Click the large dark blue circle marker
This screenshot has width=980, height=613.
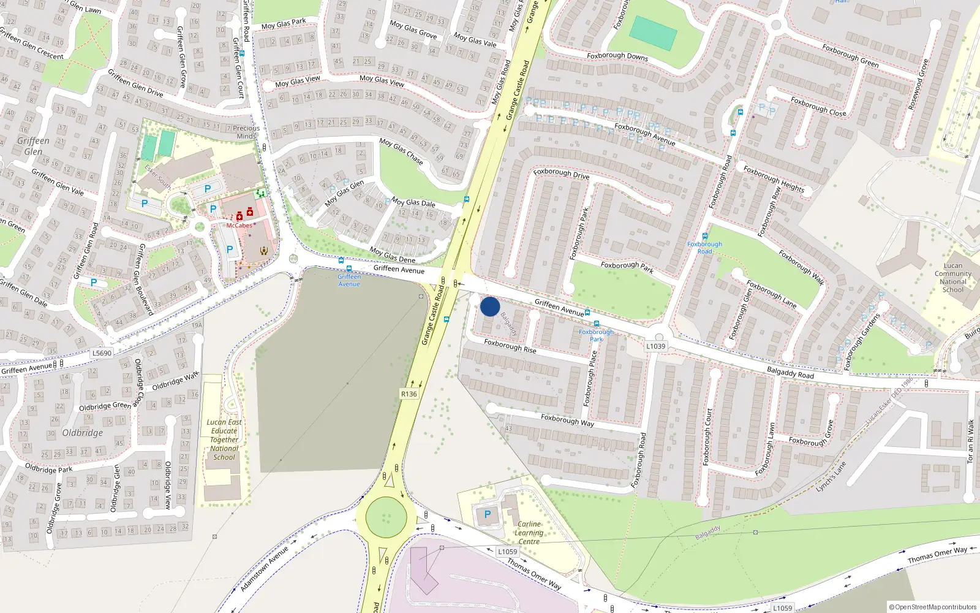(x=490, y=306)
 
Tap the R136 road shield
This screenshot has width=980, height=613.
(x=409, y=394)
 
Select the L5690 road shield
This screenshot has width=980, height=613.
(x=102, y=353)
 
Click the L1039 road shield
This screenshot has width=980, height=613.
(x=655, y=346)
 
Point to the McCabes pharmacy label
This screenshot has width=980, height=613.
(x=239, y=226)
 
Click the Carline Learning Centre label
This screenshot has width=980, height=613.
(x=529, y=533)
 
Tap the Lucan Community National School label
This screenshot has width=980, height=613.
(x=953, y=278)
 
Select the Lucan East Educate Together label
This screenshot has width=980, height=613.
(x=224, y=440)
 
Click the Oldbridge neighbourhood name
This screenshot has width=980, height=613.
(x=83, y=433)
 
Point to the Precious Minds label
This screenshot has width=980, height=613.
(x=246, y=132)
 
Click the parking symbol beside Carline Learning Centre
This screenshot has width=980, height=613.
(x=488, y=515)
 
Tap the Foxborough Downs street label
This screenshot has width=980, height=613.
(x=617, y=56)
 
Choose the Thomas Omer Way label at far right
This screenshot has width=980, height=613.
(x=937, y=555)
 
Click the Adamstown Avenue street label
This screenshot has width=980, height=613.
(x=264, y=569)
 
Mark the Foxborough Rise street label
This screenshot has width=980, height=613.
(x=510, y=346)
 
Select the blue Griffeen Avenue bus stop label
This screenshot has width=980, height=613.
(x=349, y=280)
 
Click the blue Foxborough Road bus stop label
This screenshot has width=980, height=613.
(x=704, y=248)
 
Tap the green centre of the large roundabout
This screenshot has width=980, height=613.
(x=386, y=517)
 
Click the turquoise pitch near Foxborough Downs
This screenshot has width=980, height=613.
(x=654, y=33)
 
